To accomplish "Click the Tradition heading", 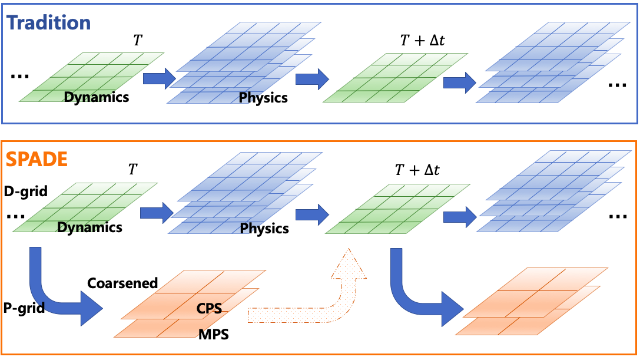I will (x=48, y=22).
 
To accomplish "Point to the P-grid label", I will (x=24, y=307).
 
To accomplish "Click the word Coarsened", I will (x=122, y=283).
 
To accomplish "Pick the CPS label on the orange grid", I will (x=208, y=308).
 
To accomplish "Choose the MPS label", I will (x=213, y=335).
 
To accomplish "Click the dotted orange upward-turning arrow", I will (x=330, y=295).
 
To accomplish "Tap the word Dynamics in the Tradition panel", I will (x=96, y=97).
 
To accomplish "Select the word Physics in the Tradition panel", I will (x=263, y=98).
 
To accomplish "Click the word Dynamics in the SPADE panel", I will (x=90, y=227).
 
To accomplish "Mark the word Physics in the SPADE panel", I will (x=264, y=229).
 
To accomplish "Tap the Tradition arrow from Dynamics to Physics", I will (x=159, y=77).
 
